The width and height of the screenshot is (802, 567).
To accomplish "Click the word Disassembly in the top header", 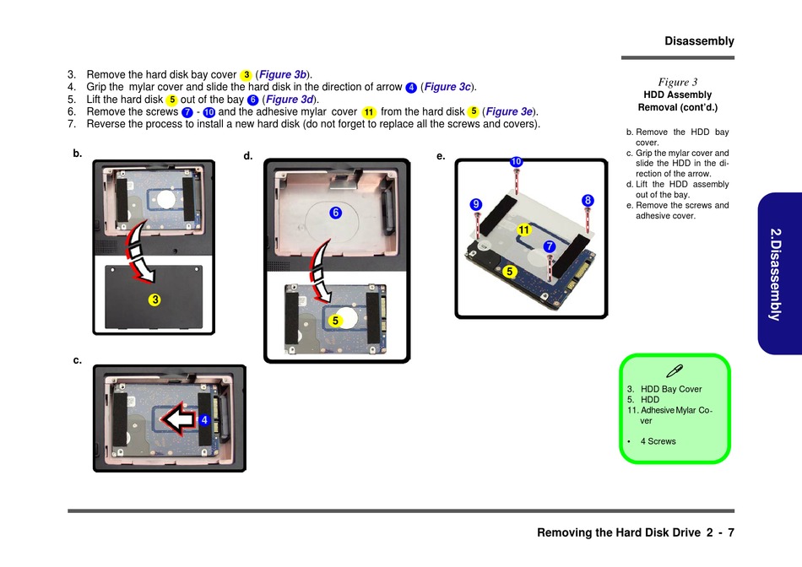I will pos(699,40).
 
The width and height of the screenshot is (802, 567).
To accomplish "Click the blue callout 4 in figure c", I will pos(203,419).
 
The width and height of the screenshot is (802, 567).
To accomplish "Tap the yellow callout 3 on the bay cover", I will pos(155,300).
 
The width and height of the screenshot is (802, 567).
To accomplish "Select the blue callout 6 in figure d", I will pos(335,213).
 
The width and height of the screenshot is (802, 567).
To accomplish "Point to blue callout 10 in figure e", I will pos(517,161).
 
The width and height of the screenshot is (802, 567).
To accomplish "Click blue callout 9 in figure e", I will pos(476,204).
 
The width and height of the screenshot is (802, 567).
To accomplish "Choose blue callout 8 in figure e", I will pos(588,200).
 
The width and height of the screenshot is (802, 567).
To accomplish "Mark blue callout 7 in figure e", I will pos(550,246).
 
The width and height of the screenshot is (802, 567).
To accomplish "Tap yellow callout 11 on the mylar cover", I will pos(523,229).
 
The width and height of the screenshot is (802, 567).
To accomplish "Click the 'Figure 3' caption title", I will pos(677,82).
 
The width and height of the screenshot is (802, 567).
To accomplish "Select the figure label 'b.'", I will pos(78,154).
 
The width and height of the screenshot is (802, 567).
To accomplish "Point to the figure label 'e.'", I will pos(441,156).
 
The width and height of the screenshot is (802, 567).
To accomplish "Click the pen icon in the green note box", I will pos(675,370).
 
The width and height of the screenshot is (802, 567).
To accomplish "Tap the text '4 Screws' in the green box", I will pos(658,441).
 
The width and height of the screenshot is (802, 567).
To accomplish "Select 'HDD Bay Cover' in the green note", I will pos(671,389).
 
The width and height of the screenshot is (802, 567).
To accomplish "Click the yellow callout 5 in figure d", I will pos(335,321).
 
